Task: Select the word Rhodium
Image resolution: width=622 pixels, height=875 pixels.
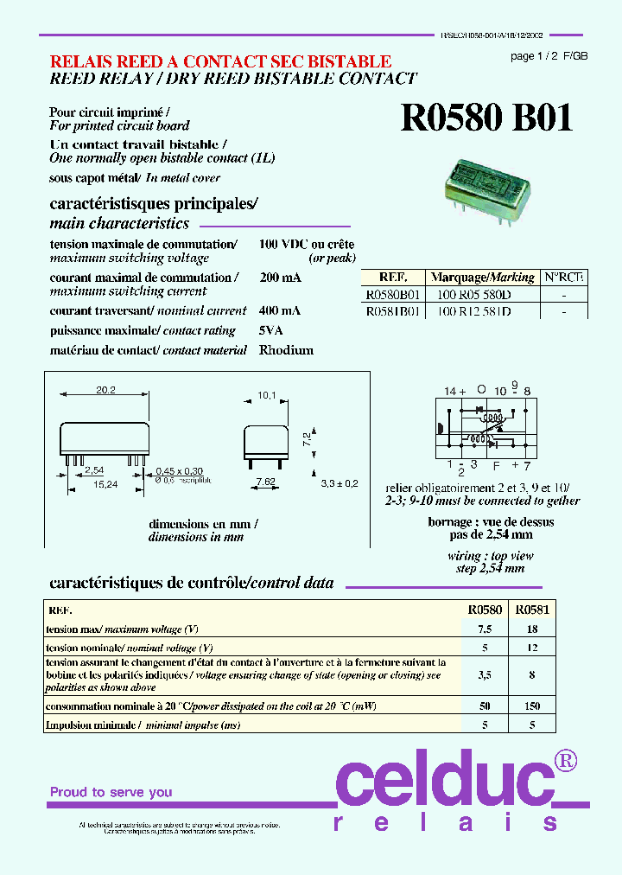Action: tap(286, 350)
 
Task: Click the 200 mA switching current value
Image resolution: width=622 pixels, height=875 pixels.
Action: tap(280, 278)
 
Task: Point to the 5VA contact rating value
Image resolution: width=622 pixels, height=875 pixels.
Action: tap(270, 331)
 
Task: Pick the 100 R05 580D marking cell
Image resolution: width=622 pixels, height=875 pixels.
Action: tap(473, 295)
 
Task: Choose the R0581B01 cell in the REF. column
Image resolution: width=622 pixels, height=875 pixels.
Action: tap(393, 311)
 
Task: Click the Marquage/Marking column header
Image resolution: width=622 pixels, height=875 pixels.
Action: tap(483, 278)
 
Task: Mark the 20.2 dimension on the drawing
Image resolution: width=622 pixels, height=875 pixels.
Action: tap(105, 391)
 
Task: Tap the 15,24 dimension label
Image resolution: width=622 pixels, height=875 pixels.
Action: tap(106, 484)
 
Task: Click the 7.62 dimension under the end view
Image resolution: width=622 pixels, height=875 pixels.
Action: tap(264, 481)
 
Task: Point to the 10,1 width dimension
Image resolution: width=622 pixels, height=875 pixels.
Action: tap(267, 396)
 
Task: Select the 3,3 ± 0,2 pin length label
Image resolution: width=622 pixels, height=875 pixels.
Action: tap(340, 483)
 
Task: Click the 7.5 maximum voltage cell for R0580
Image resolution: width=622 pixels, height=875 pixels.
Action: tap(485, 629)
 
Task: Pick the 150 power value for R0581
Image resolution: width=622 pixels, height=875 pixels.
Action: tap(532, 706)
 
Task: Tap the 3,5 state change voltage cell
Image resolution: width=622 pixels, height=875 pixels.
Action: tap(485, 674)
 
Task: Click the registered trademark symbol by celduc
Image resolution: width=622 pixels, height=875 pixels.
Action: tap(565, 761)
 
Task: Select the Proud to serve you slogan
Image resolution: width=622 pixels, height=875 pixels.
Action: tap(111, 792)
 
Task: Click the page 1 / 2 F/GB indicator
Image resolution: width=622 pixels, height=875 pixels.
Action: tap(549, 56)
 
